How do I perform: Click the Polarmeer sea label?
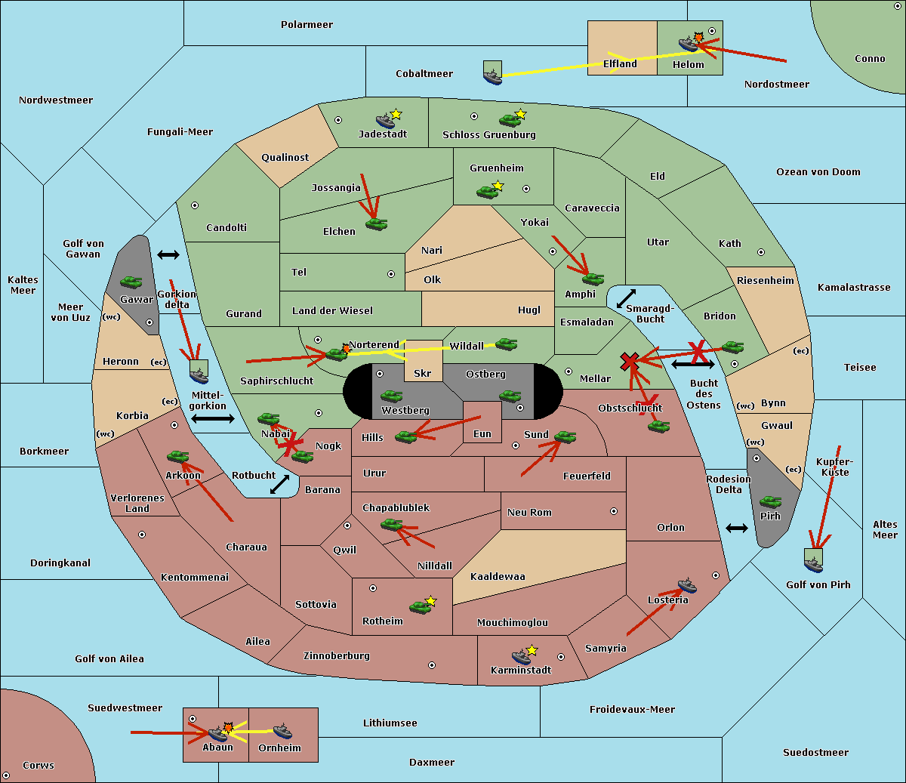307,25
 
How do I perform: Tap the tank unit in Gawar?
131,282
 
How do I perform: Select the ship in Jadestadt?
385,121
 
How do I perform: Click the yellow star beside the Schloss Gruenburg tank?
520,114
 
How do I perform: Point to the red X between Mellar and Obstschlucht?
630,362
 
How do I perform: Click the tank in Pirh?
771,502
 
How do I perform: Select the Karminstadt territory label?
521,670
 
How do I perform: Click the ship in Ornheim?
282,731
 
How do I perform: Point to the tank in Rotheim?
420,606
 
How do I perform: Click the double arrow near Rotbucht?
280,484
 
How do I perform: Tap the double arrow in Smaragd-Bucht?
626,299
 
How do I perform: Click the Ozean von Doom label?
818,172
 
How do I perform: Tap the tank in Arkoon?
177,457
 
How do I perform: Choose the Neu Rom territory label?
529,513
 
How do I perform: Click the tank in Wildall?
506,344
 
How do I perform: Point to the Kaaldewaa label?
498,577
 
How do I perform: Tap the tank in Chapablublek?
392,524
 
